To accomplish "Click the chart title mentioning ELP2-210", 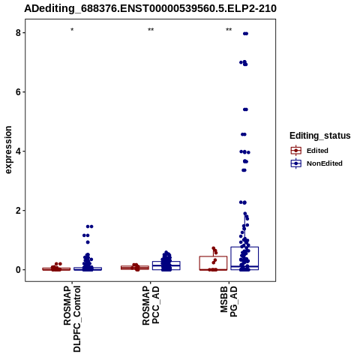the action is (x=150, y=8).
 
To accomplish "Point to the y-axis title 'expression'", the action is (x=8, y=150).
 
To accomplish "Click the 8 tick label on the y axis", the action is (x=18, y=33).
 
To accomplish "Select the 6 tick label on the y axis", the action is (x=18, y=92).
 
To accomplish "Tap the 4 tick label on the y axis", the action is (x=18, y=151).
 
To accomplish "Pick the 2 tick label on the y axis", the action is (x=18, y=211).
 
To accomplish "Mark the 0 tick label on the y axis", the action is (x=18, y=270).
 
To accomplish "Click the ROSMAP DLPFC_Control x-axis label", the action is (x=72, y=319).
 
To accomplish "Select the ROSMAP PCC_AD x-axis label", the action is (x=151, y=305).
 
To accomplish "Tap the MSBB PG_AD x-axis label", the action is (x=229, y=301).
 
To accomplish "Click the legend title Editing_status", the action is (x=320, y=136).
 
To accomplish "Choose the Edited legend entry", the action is (x=310, y=151).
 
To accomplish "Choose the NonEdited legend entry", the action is (x=316, y=163).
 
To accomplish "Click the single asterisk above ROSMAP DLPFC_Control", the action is (x=72, y=30).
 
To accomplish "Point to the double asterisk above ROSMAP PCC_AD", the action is (x=151, y=29).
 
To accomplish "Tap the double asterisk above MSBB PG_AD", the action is (x=229, y=29).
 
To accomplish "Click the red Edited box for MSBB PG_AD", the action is (x=213, y=256).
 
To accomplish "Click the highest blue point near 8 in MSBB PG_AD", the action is (x=245, y=34).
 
